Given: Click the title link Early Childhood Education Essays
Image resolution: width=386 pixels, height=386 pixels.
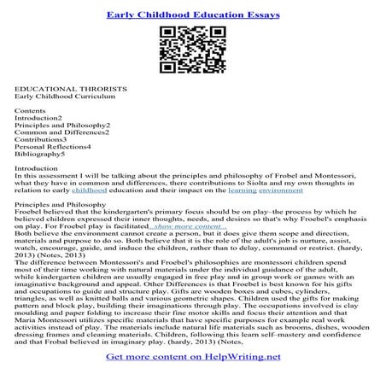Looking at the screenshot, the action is [192, 13].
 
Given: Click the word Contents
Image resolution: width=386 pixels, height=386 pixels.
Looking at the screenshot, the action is [30, 112].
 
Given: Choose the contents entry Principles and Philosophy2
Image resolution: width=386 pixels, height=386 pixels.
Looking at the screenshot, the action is [62, 126].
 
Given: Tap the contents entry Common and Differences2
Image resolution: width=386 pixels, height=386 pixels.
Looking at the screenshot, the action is [61, 134].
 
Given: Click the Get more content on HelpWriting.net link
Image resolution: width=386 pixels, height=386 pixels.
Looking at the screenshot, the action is [192, 369].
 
